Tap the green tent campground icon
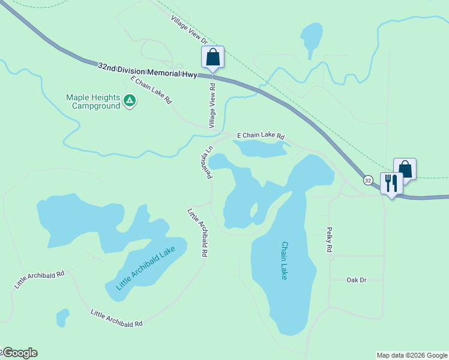(130, 101)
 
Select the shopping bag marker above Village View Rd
(212, 58)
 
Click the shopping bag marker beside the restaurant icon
(405, 169)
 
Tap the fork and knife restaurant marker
(391, 184)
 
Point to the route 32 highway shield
(368, 180)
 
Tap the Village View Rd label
(212, 106)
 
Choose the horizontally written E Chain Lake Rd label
(261, 136)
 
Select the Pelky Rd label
(330, 239)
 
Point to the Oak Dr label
(356, 280)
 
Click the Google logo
(19, 353)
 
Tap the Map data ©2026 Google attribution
(412, 355)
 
